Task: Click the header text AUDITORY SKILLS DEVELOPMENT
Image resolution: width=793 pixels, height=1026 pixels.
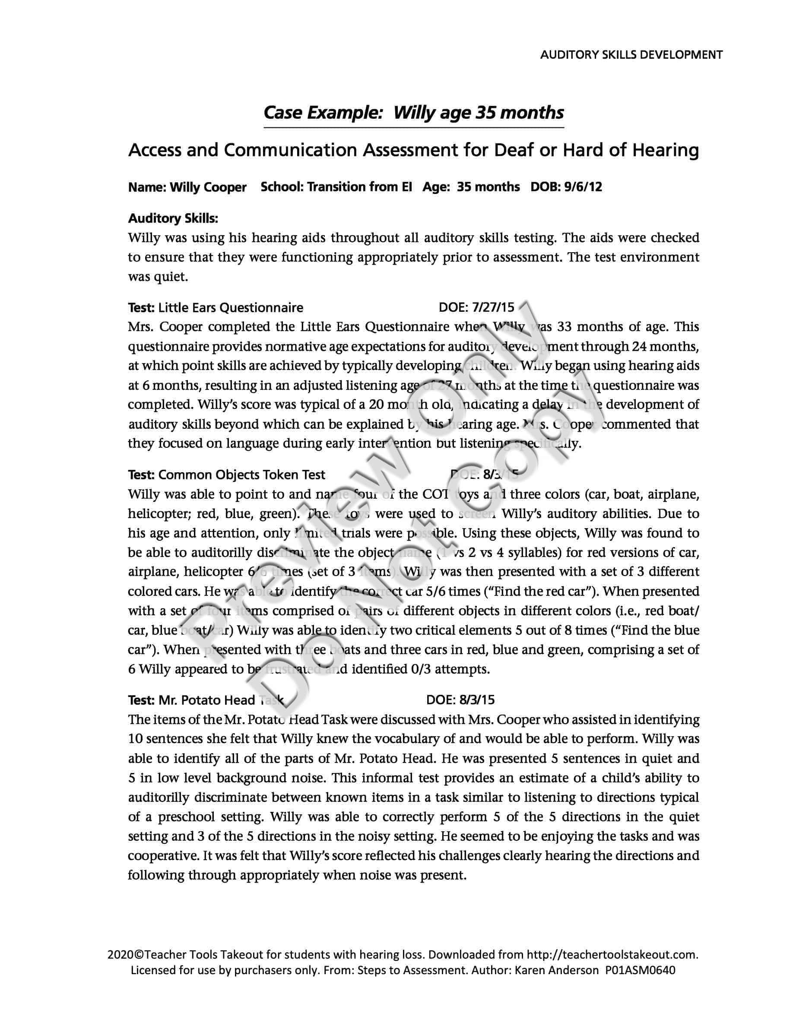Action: pyautogui.click(x=631, y=55)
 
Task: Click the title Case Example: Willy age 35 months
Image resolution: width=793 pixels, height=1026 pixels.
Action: pyautogui.click(x=413, y=113)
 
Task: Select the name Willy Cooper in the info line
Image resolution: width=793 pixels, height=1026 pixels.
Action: pyautogui.click(x=208, y=187)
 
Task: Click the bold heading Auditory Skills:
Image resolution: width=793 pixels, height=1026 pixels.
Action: pyautogui.click(x=173, y=218)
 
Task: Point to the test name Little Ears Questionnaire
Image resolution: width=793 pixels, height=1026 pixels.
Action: pyautogui.click(x=231, y=308)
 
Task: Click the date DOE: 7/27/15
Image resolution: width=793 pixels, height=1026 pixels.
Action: pyautogui.click(x=476, y=308)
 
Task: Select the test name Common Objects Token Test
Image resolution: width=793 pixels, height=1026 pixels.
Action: pyautogui.click(x=241, y=475)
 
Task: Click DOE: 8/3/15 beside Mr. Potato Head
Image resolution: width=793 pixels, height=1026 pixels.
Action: pyautogui.click(x=460, y=700)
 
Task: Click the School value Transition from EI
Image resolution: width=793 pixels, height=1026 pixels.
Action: pyautogui.click(x=359, y=187)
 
